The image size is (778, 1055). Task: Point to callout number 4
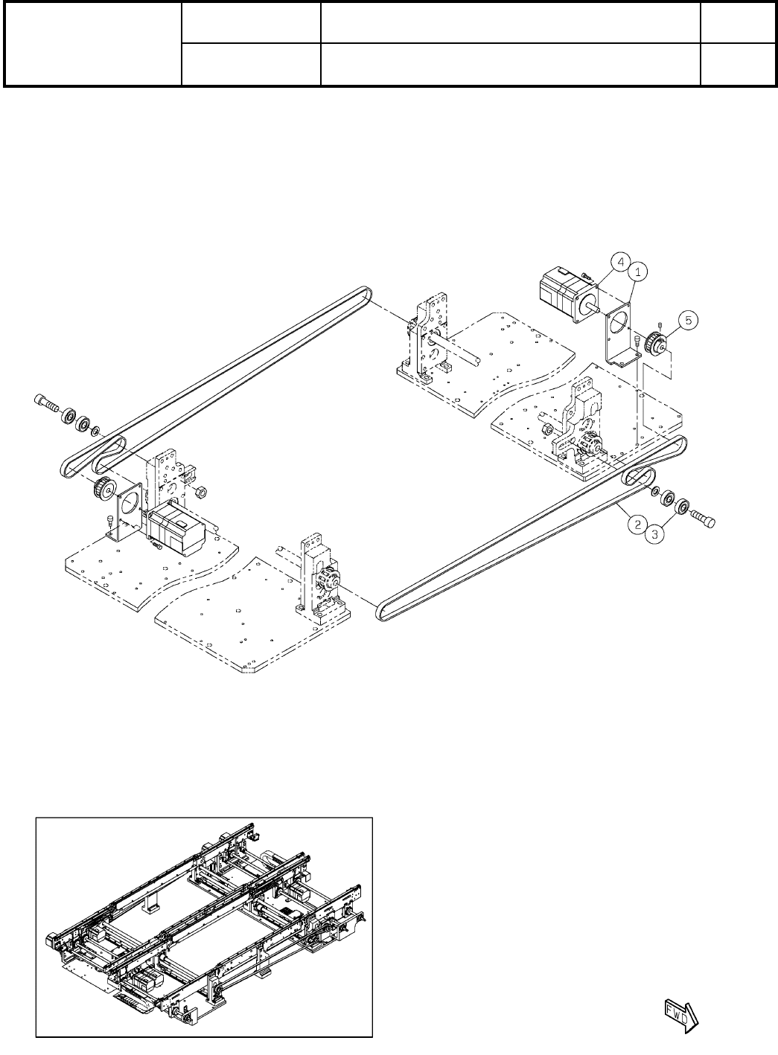[619, 262]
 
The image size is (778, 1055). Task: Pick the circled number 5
[689, 320]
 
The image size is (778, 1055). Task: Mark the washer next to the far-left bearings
[96, 430]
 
